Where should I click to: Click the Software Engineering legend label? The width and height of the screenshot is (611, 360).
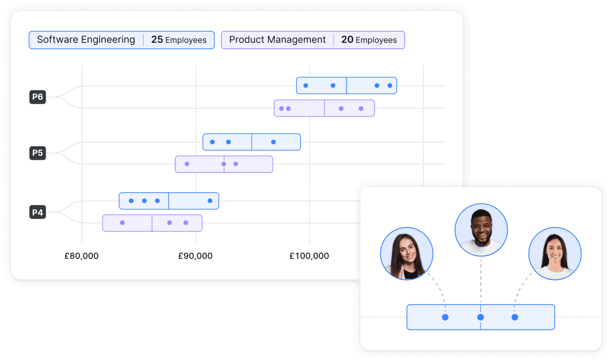point(86,40)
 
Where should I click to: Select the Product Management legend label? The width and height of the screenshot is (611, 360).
point(277,40)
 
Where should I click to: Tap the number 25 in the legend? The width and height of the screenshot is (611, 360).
point(157,40)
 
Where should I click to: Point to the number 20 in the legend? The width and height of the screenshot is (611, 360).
point(347,40)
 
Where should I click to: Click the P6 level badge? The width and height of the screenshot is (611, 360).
point(38,97)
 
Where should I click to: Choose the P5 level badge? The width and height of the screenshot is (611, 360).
point(38,153)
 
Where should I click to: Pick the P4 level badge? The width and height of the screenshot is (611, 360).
point(38,212)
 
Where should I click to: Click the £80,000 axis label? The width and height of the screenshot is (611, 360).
point(82,256)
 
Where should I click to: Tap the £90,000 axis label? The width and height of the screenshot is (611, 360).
point(196,256)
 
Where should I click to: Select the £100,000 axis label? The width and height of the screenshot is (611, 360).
point(309,256)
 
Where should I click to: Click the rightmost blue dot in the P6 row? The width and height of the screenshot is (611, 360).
point(390,86)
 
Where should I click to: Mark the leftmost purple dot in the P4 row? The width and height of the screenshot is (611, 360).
point(122,223)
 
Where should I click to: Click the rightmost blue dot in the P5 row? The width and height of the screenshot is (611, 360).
point(273,142)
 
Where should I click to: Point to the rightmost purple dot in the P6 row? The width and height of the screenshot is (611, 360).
point(361,108)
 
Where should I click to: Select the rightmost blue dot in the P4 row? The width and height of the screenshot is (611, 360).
point(210,201)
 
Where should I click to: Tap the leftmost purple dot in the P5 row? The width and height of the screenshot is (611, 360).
point(187,164)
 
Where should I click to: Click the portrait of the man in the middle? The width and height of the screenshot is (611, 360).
point(481,230)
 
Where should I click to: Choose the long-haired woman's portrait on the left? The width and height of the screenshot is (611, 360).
point(407,254)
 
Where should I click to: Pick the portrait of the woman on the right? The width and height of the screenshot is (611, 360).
point(555,254)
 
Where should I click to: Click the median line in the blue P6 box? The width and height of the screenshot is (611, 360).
point(347,86)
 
